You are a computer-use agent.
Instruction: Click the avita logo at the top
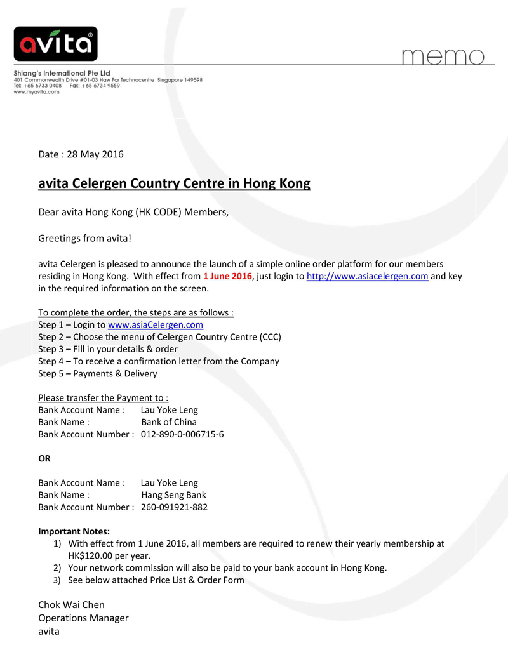[x=56, y=43]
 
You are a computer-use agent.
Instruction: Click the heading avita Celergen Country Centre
[x=175, y=184]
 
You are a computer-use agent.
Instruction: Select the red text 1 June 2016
[x=227, y=276]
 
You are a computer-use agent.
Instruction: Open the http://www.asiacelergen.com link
[x=367, y=276]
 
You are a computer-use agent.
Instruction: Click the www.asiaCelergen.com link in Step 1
[x=156, y=324]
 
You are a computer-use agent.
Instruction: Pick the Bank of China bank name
[x=169, y=421]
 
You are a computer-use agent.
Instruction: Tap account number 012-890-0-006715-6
[x=182, y=434]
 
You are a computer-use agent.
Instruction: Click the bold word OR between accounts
[x=44, y=458]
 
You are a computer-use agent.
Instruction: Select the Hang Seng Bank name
[x=173, y=494]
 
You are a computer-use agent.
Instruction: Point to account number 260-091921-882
[x=174, y=507]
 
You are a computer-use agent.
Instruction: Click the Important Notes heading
[x=74, y=531]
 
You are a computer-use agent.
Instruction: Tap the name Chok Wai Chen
[x=71, y=604]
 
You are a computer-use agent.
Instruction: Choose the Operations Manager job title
[x=83, y=618]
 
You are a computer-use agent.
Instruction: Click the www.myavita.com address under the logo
[x=37, y=92]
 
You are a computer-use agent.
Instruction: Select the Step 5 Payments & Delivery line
[x=97, y=373]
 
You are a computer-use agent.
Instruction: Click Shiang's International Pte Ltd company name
[x=62, y=74]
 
